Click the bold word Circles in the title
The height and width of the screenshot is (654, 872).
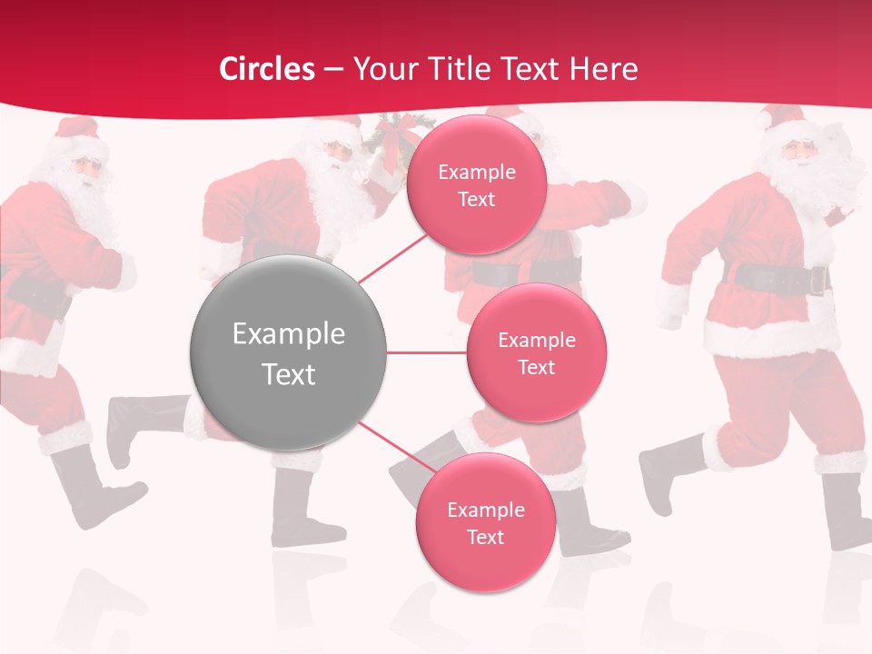point(267,69)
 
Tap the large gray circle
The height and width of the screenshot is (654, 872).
point(288,352)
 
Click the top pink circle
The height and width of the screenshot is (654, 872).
point(476,184)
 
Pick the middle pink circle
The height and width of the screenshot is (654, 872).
point(536,352)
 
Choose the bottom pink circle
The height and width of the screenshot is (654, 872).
point(485,522)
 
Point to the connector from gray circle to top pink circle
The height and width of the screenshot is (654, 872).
point(391,261)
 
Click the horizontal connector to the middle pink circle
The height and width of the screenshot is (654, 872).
point(426,352)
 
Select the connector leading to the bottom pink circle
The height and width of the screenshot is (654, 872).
point(390,445)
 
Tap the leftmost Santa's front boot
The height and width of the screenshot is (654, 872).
point(91,490)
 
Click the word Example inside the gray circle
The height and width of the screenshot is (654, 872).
point(288,334)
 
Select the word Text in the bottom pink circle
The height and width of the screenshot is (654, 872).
point(485,537)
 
